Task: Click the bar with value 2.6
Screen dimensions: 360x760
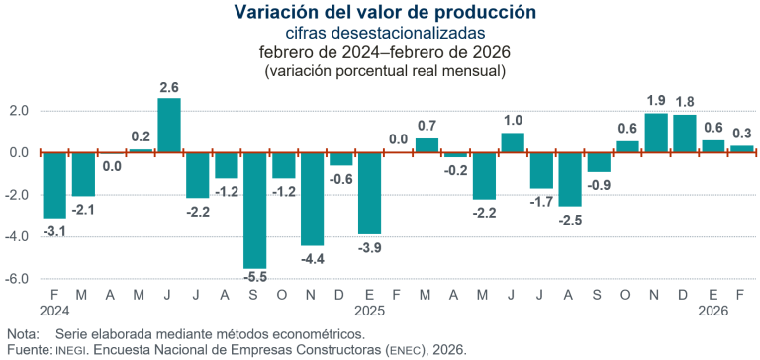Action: (x=169, y=125)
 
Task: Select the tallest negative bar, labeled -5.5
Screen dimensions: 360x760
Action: (x=254, y=210)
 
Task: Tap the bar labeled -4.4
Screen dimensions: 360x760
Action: (x=312, y=199)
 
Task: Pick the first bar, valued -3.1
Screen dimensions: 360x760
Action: (x=53, y=185)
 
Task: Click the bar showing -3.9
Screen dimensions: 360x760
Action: (x=369, y=193)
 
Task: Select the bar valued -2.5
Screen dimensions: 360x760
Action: (x=570, y=179)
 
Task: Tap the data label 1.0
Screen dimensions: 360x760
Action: (x=513, y=120)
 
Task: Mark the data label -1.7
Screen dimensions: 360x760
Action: (x=541, y=202)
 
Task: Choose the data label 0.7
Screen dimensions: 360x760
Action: (x=427, y=126)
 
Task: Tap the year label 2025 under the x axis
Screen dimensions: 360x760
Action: (x=369, y=310)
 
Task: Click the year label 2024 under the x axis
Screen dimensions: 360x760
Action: (x=53, y=310)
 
